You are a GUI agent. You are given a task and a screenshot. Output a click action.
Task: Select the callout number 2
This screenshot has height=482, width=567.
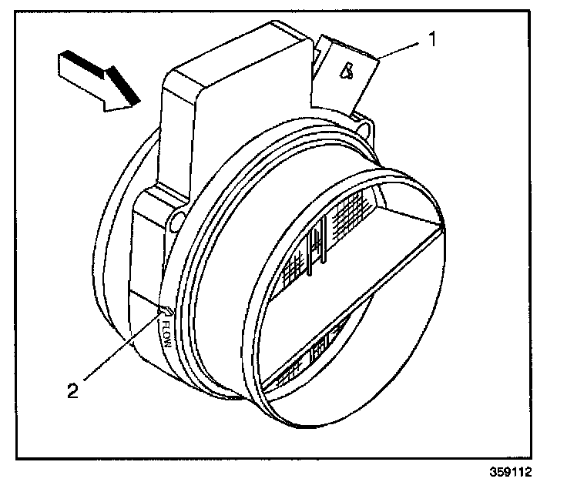(x=72, y=390)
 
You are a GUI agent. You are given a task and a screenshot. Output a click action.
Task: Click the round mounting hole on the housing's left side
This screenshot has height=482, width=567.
(x=176, y=223)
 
